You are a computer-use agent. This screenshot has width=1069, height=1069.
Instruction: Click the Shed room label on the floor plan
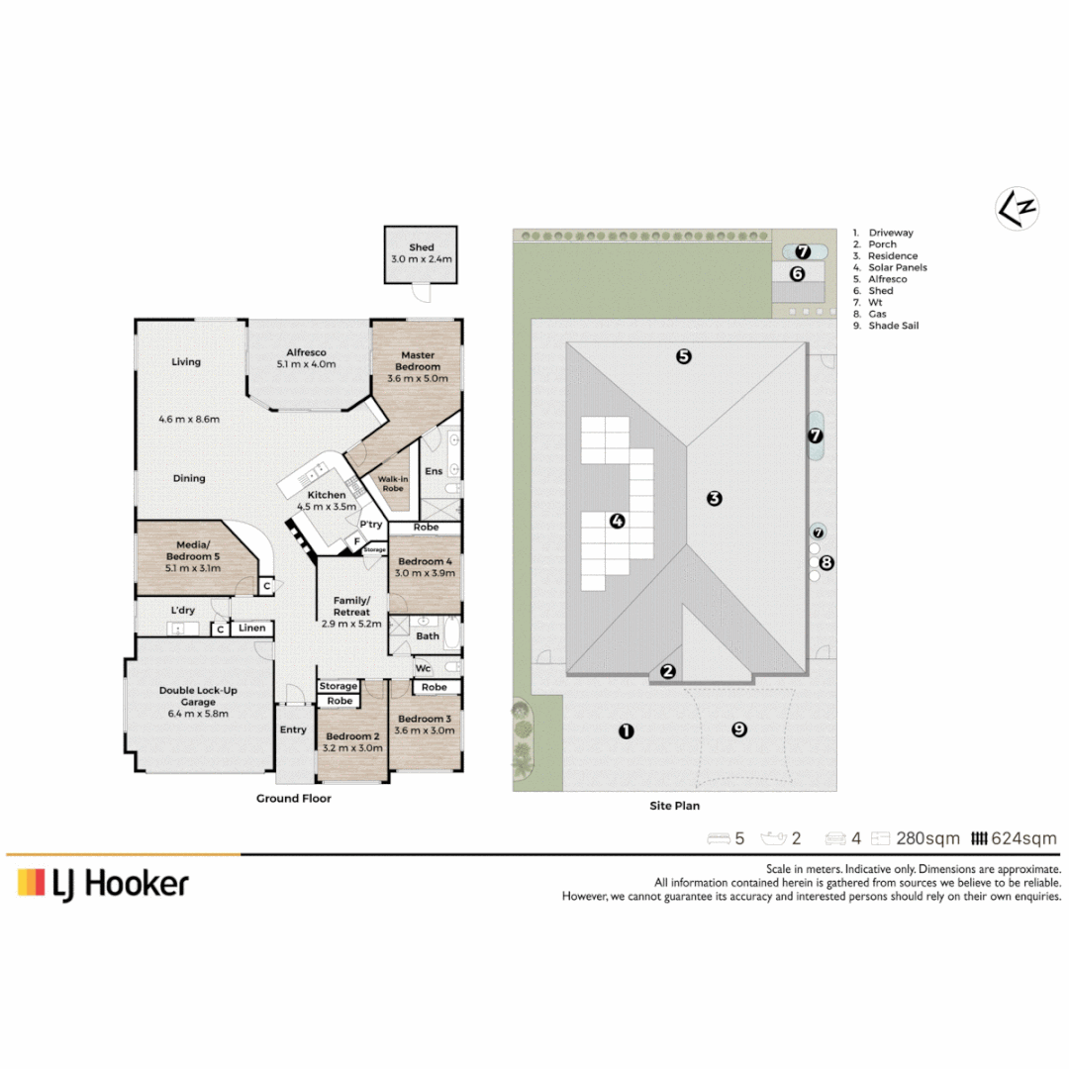click(x=422, y=247)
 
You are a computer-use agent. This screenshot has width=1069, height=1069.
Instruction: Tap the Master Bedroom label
click(x=418, y=360)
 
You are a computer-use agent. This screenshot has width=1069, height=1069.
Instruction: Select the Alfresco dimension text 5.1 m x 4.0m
click(x=306, y=364)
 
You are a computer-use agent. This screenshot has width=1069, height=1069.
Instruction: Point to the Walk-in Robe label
click(x=393, y=483)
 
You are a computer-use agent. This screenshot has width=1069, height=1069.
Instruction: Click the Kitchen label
click(x=327, y=495)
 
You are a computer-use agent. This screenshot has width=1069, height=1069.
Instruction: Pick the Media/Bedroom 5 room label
click(x=193, y=551)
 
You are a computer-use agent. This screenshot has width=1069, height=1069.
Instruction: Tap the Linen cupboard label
click(x=251, y=628)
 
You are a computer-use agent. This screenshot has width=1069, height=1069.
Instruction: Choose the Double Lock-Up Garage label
click(x=198, y=696)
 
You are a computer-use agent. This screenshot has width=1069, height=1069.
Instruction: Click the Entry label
click(x=293, y=729)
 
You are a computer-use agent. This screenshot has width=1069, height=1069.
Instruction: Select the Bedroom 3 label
click(x=425, y=719)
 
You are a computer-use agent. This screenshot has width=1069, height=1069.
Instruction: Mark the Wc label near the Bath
click(x=423, y=668)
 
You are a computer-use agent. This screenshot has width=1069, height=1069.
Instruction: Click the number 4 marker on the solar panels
click(x=617, y=521)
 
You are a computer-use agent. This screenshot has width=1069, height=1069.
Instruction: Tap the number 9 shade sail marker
click(x=739, y=729)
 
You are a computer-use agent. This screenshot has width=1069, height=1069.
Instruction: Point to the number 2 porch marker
click(x=668, y=671)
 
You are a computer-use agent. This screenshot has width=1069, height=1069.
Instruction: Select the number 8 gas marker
click(x=826, y=562)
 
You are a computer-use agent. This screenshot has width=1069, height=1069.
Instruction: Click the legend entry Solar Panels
click(x=897, y=267)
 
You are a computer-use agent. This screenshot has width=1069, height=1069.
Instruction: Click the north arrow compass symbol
click(x=1017, y=208)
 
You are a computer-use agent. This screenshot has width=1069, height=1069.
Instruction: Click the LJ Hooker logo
click(x=103, y=884)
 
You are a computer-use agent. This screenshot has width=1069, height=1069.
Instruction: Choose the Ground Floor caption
click(x=294, y=799)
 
